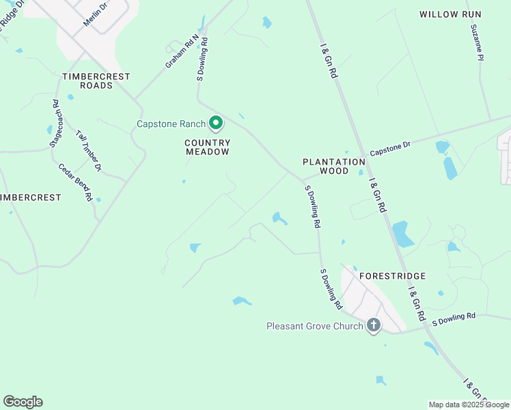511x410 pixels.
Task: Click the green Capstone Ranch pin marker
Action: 216,123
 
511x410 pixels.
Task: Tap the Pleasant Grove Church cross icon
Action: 373,325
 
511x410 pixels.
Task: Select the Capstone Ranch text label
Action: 171,124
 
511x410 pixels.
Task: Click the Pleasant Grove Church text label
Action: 314,326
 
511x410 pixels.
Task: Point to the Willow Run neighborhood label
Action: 450,14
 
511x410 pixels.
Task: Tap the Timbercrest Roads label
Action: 96,81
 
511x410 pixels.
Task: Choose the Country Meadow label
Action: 208,148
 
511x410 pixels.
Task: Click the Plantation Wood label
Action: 335,166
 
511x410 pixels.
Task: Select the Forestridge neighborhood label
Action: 393,276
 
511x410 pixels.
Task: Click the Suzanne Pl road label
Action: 476,43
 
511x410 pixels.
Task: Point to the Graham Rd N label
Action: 181,51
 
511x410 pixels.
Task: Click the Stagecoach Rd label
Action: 55,123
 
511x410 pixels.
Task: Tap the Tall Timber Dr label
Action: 89,150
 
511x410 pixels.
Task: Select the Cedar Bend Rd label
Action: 75,181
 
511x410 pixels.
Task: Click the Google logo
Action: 23,402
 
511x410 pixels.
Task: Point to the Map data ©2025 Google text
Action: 469,405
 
